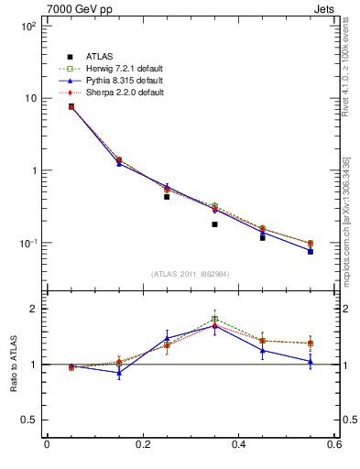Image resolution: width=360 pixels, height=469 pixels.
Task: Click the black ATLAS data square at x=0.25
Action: pos(167,196)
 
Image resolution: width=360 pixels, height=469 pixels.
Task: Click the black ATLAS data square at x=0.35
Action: pos(214,224)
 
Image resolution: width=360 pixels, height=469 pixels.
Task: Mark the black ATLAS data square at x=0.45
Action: pos(263,237)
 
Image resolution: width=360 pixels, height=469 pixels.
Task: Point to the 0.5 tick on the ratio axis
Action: pos(27,420)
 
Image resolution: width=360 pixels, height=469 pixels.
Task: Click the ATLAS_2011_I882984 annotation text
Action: pos(191,274)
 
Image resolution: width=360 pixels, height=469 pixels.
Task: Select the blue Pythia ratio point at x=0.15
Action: pos(119,373)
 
